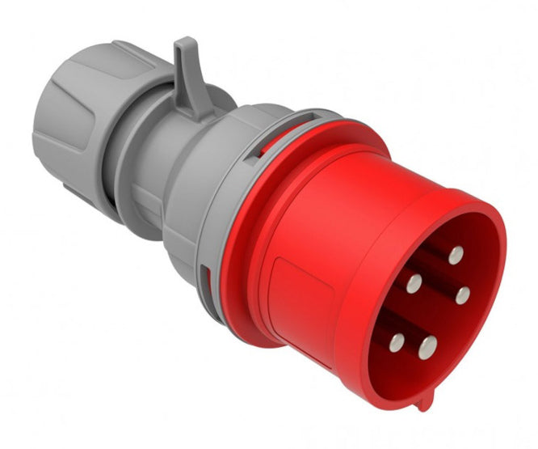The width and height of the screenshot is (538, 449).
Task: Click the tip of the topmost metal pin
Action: coord(456,254)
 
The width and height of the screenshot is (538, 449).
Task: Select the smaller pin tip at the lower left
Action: coord(396,342)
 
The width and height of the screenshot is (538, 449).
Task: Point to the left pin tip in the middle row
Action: coord(414,283)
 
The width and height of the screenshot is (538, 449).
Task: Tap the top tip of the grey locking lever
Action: coord(185,41)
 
